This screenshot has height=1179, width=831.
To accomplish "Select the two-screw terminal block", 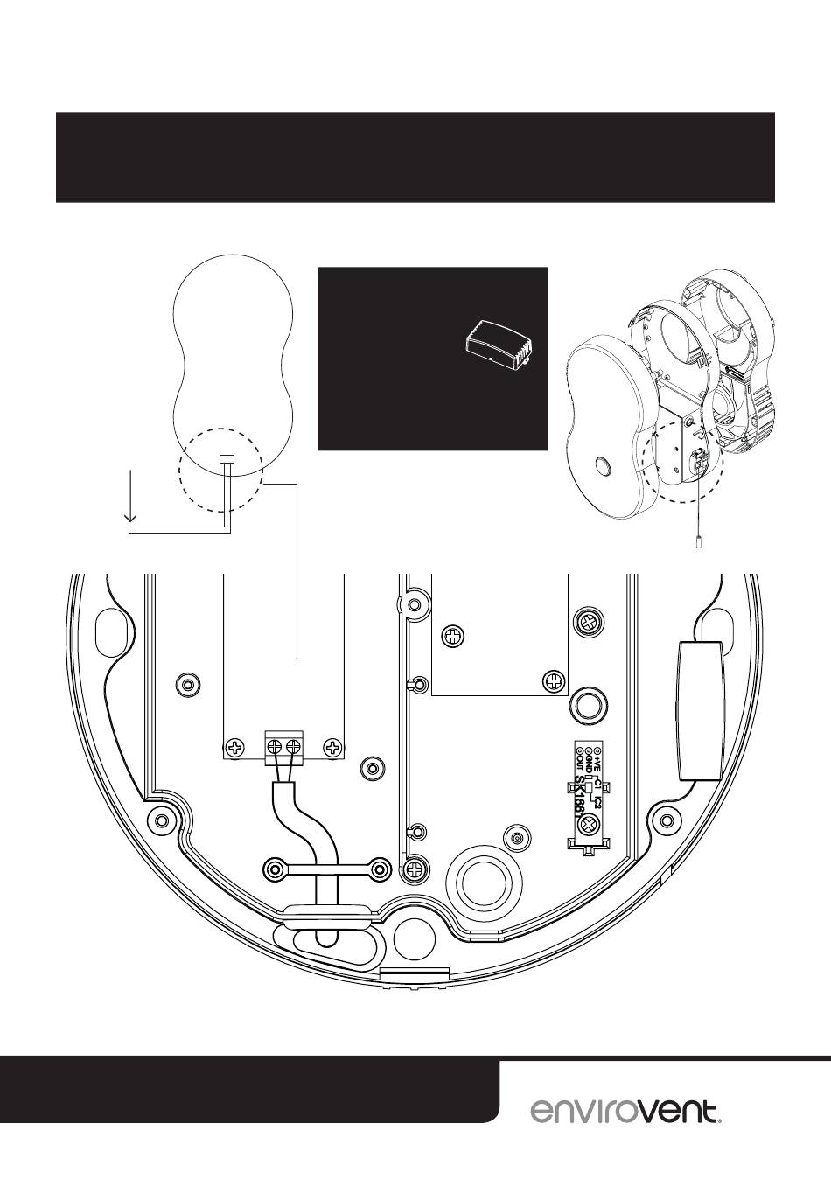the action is tap(283, 747).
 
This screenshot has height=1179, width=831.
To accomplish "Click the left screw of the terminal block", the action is tap(275, 747).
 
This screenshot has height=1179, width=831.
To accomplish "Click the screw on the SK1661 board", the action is tap(589, 825).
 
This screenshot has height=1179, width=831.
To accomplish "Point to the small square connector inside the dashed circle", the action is tap(227, 459).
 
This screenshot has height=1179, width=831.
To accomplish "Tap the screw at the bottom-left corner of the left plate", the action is tap(235, 748).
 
